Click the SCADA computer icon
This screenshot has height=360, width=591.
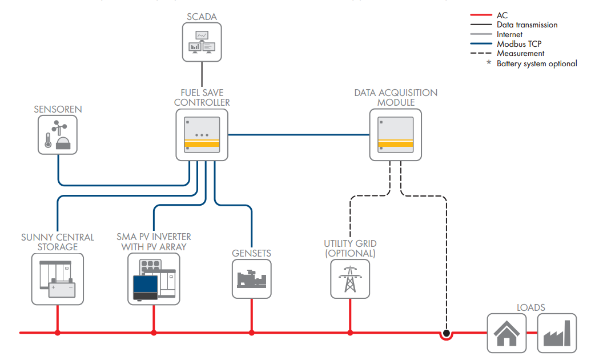202,42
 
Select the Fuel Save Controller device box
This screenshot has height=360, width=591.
202,135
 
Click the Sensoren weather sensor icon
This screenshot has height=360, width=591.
58,134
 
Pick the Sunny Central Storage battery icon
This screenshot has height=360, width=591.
58,278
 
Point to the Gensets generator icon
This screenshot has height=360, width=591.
251,278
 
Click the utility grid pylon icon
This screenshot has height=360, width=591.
350,278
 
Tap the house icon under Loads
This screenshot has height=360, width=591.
506,333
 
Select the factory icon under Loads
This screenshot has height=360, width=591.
557,333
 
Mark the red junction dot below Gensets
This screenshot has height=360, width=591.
252,332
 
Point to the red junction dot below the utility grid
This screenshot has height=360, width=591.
350,332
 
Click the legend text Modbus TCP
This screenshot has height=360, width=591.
519,44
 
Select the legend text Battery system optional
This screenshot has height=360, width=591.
536,63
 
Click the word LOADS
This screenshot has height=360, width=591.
531,307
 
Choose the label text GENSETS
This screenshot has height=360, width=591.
251,253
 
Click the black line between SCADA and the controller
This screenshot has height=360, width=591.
202,75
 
